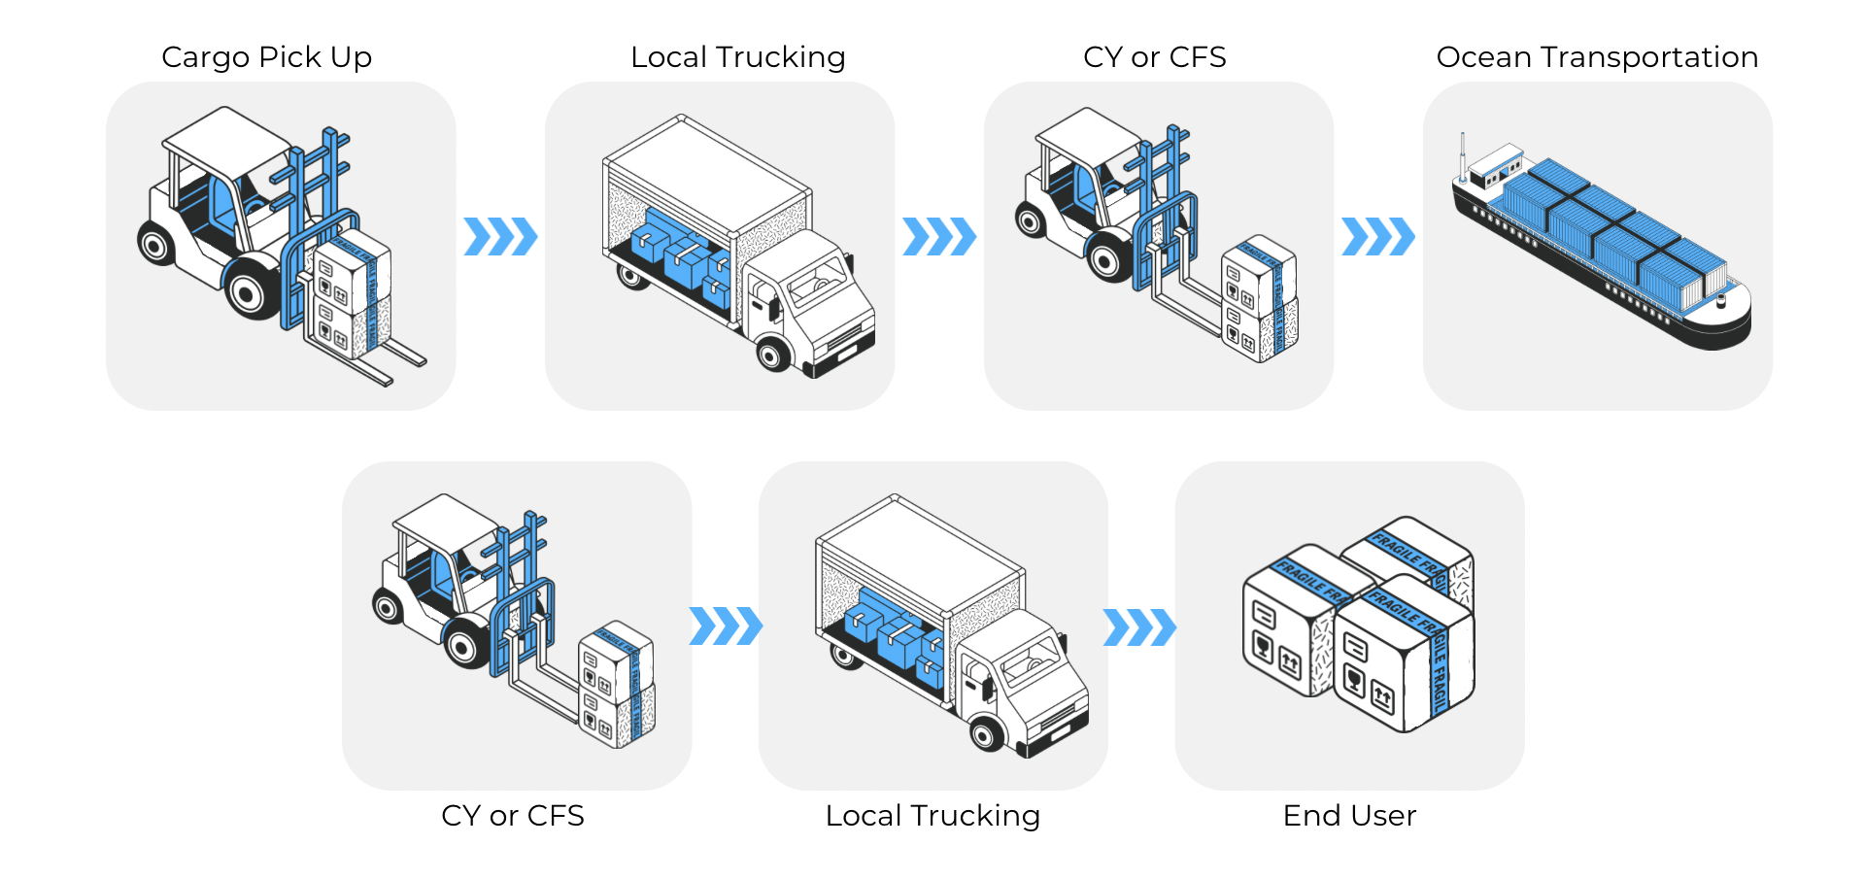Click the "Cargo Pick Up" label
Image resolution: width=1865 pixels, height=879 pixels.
[x=266, y=57]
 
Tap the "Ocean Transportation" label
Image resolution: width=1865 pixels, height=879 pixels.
[x=1597, y=57]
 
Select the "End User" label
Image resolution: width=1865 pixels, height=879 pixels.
[x=1349, y=816]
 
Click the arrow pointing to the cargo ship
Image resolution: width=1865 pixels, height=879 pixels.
[x=1377, y=237]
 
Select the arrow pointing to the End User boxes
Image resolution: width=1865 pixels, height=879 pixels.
[x=1139, y=627]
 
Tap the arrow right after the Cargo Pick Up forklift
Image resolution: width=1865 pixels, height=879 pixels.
[x=500, y=237]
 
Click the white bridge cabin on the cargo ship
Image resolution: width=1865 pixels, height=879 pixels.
[x=1495, y=166]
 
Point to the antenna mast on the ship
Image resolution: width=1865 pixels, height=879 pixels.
[x=1462, y=155]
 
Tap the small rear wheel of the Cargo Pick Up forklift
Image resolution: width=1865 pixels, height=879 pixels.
[x=155, y=244]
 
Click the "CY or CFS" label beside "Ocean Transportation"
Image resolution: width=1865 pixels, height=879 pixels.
[x=1154, y=57]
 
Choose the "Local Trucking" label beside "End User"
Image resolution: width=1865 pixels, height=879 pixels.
[x=932, y=816]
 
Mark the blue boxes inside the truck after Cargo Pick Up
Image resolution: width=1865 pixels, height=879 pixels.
[x=681, y=257]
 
